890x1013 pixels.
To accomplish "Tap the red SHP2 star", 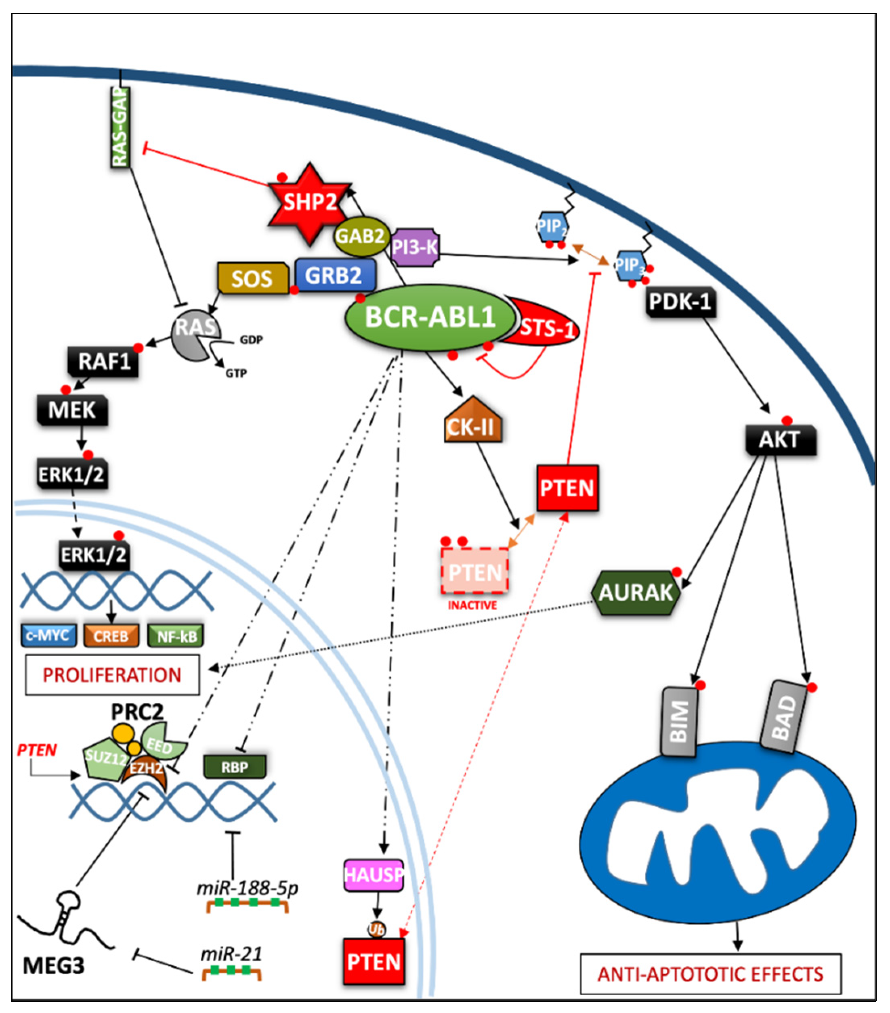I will coord(309,203).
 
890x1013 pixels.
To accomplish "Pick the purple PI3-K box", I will coord(415,247).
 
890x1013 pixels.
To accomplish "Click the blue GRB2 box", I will coord(335,276).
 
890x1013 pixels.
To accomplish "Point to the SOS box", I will coord(252,278).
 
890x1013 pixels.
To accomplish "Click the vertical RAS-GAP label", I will coord(120,128).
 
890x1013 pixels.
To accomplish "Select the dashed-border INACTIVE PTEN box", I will coord(474,571).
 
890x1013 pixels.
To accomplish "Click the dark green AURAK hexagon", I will coord(636,592).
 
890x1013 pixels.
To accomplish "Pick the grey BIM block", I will coord(679,721).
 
